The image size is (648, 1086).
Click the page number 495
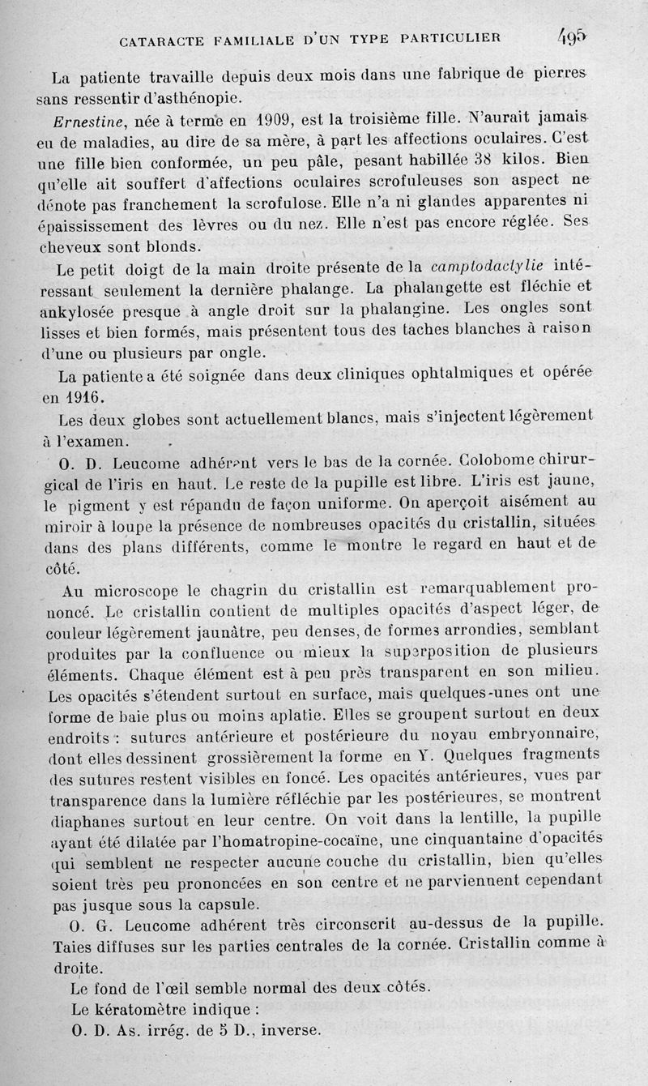point(571,36)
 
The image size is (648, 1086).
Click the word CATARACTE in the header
point(168,38)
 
